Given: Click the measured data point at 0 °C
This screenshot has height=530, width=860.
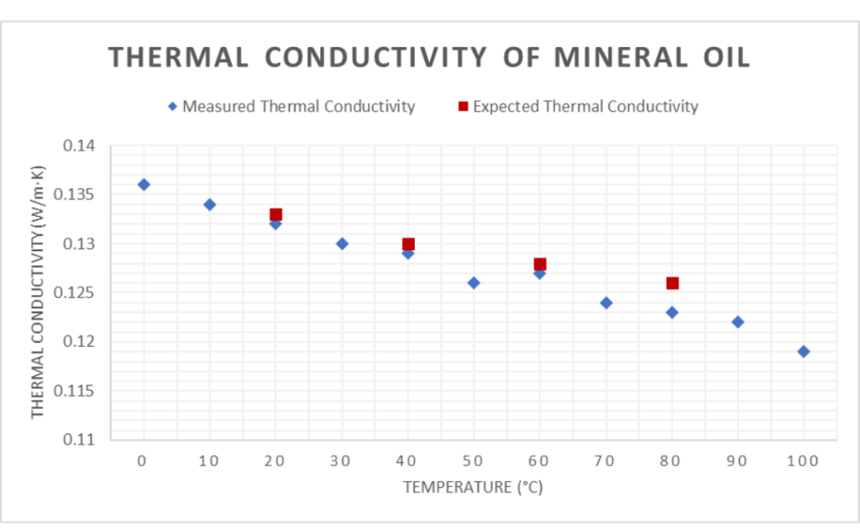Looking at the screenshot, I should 144,185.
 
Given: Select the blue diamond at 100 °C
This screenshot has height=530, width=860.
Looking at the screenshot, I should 804,352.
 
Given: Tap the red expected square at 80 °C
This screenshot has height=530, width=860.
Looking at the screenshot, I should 672,283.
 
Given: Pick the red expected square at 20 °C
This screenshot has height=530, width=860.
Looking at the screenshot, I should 275,215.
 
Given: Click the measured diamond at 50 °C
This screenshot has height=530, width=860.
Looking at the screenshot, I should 474,283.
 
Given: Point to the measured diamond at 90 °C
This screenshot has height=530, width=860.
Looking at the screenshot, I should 737,323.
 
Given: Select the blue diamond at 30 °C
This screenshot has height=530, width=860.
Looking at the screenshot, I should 342,244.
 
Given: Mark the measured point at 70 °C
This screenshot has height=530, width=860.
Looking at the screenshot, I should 606,302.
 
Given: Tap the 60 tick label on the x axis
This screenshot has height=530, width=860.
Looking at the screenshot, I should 539,461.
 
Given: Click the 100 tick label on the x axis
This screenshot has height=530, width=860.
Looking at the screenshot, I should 803,461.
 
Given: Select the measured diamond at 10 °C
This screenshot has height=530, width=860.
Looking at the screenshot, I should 210,205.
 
